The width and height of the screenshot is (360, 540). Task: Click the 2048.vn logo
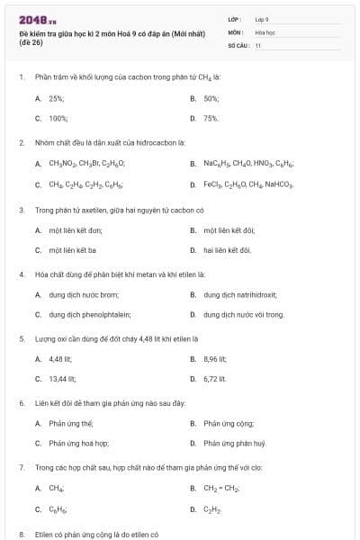click(35, 20)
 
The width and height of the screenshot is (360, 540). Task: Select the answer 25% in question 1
click(57, 98)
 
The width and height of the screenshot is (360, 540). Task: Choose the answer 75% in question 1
click(211, 118)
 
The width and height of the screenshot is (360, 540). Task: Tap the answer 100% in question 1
click(58, 118)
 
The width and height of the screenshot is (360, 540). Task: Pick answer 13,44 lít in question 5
click(62, 379)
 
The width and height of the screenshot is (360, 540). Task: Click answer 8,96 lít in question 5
click(214, 358)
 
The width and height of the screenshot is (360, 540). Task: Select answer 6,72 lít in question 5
click(214, 379)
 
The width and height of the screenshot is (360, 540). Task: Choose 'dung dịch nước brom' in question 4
click(84, 293)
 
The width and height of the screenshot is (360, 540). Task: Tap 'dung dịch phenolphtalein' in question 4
click(90, 314)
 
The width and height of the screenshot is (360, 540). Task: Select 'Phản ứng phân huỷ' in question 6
click(234, 443)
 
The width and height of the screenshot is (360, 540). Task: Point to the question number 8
click(21, 534)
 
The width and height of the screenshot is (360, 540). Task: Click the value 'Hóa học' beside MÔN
click(265, 31)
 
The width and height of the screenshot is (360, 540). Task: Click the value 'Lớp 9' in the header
click(262, 19)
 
